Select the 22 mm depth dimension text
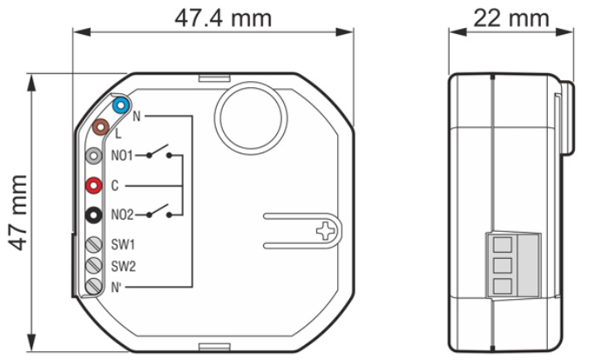click(511, 17)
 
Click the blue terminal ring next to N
click(121, 107)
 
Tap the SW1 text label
click(123, 243)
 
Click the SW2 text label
click(123, 264)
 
